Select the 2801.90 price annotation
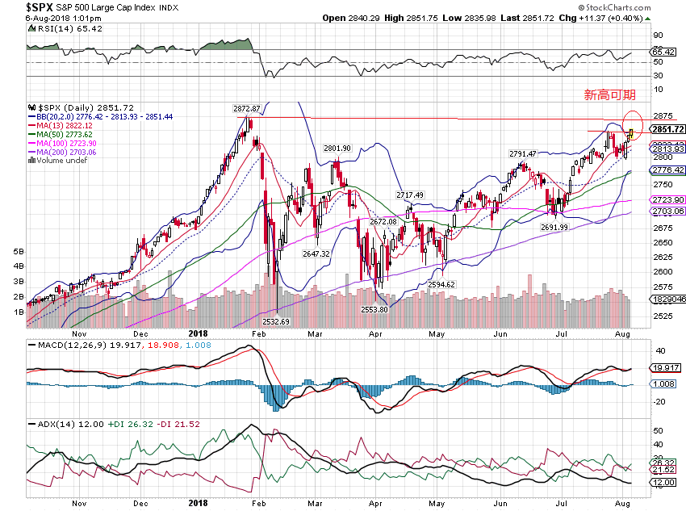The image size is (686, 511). pos(337,149)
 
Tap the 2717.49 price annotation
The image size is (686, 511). pos(410,195)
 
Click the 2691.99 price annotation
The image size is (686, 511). pos(554,228)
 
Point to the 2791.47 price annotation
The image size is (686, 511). pos(523,153)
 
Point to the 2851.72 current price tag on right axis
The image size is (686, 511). pos(668,129)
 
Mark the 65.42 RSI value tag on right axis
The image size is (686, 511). pos(663,52)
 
